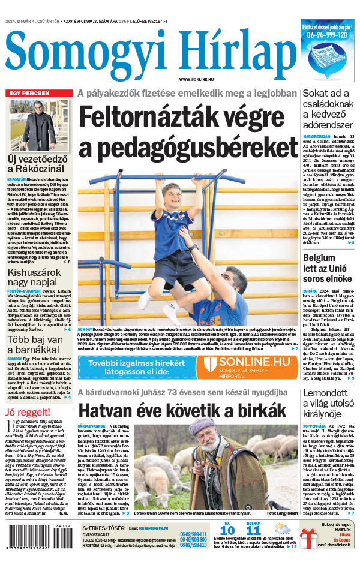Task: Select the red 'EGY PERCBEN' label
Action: [28, 94]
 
